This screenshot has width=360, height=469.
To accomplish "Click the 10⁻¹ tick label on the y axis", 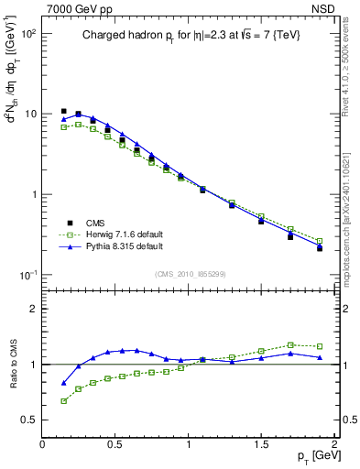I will pyautogui.click(x=27, y=276).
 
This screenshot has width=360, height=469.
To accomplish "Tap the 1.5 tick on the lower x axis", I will pyautogui.click(x=261, y=444).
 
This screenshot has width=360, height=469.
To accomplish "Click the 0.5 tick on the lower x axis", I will pyautogui.click(x=115, y=444).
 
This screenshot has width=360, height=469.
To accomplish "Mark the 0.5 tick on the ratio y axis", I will pyautogui.click(x=29, y=420).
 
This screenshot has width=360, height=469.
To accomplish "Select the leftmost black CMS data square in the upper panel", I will pyautogui.click(x=63, y=112).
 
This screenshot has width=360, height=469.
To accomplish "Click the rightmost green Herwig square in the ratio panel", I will pyautogui.click(x=320, y=346).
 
